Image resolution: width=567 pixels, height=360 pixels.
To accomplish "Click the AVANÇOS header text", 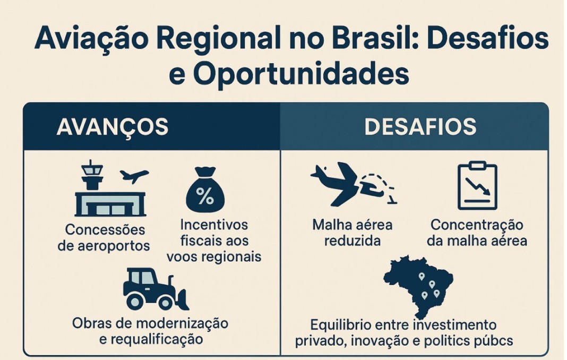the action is pyautogui.click(x=113, y=126).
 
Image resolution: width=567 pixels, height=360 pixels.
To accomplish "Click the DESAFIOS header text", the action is pyautogui.click(x=420, y=126).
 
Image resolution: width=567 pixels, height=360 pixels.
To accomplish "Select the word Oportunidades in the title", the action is pyautogui.click(x=301, y=74).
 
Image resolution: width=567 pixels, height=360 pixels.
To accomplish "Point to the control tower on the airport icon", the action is pyautogui.click(x=92, y=175).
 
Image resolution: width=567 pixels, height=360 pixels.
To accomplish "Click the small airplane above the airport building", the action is pyautogui.click(x=134, y=176).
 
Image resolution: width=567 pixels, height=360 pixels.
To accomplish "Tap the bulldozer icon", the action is pyautogui.click(x=156, y=289).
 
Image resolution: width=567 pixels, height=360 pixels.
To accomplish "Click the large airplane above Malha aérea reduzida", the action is pyautogui.click(x=334, y=183).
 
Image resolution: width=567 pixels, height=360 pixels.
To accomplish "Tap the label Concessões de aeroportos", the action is pyautogui.click(x=104, y=238).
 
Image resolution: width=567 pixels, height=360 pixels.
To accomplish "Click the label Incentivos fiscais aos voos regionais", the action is pyautogui.click(x=214, y=241).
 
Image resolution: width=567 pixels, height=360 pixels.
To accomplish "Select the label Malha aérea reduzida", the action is pyautogui.click(x=352, y=233).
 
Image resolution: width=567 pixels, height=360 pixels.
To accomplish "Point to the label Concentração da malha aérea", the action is pyautogui.click(x=477, y=233).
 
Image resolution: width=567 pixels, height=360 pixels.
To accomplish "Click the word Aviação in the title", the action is pyautogui.click(x=91, y=38).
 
